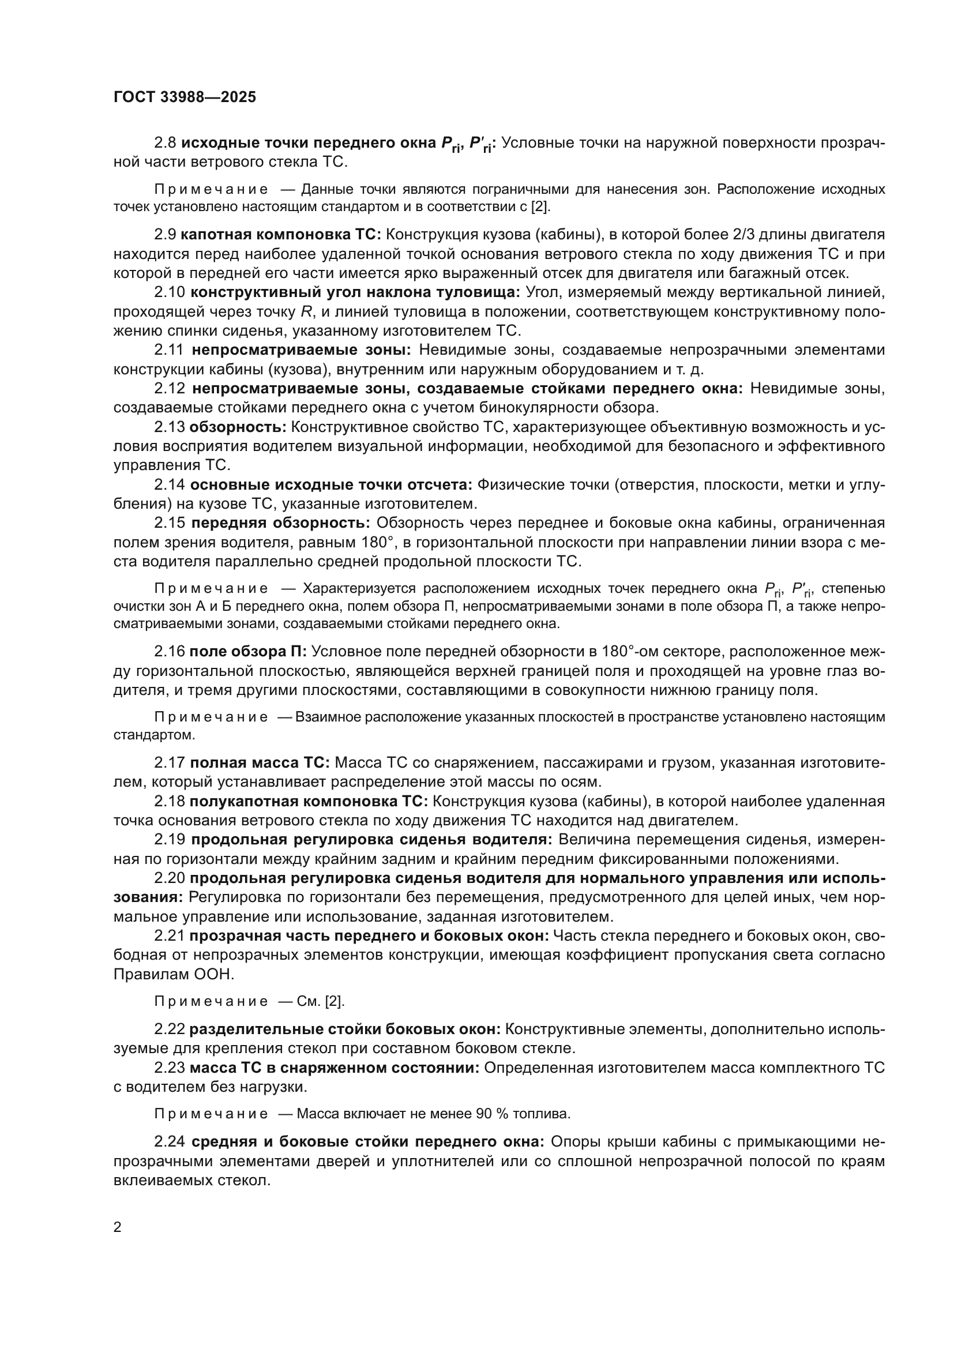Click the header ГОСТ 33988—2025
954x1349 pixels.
[x=185, y=97]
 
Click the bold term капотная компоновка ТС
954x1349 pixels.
[x=281, y=234]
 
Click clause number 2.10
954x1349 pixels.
[x=170, y=292]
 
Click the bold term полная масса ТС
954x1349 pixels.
[x=260, y=762]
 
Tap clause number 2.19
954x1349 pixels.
[x=170, y=839]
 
